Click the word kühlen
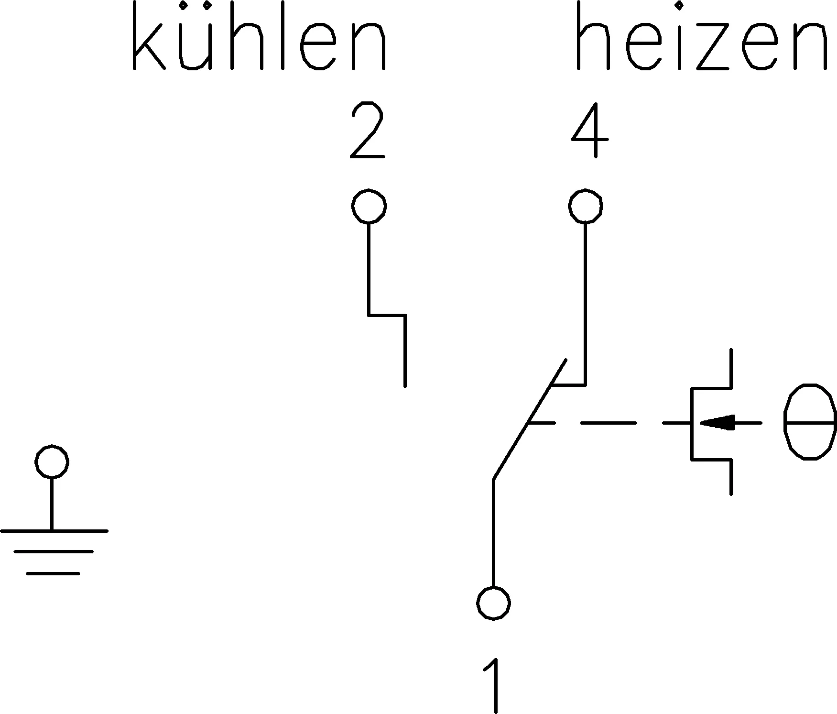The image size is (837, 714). click(259, 36)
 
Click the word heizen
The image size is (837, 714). click(701, 36)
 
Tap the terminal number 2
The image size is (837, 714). click(368, 130)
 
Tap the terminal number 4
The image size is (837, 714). click(589, 130)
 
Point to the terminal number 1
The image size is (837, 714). click(493, 685)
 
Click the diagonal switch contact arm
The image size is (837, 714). click(530, 419)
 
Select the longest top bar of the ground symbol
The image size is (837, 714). click(54, 531)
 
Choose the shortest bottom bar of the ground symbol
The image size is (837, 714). click(53, 573)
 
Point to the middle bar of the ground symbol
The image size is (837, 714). click(54, 552)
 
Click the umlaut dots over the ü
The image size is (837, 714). click(195, 6)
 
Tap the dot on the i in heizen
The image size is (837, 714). click(678, 6)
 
